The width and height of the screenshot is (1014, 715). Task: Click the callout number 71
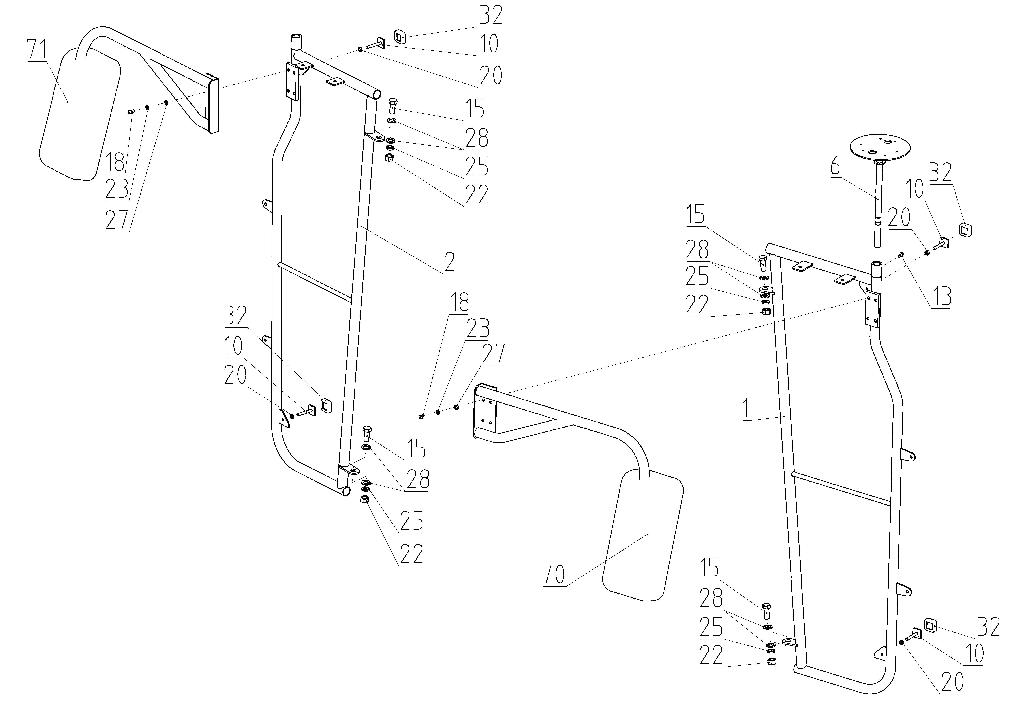[38, 50]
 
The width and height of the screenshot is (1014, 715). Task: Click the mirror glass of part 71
[79, 115]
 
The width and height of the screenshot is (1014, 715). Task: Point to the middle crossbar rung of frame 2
[314, 282]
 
